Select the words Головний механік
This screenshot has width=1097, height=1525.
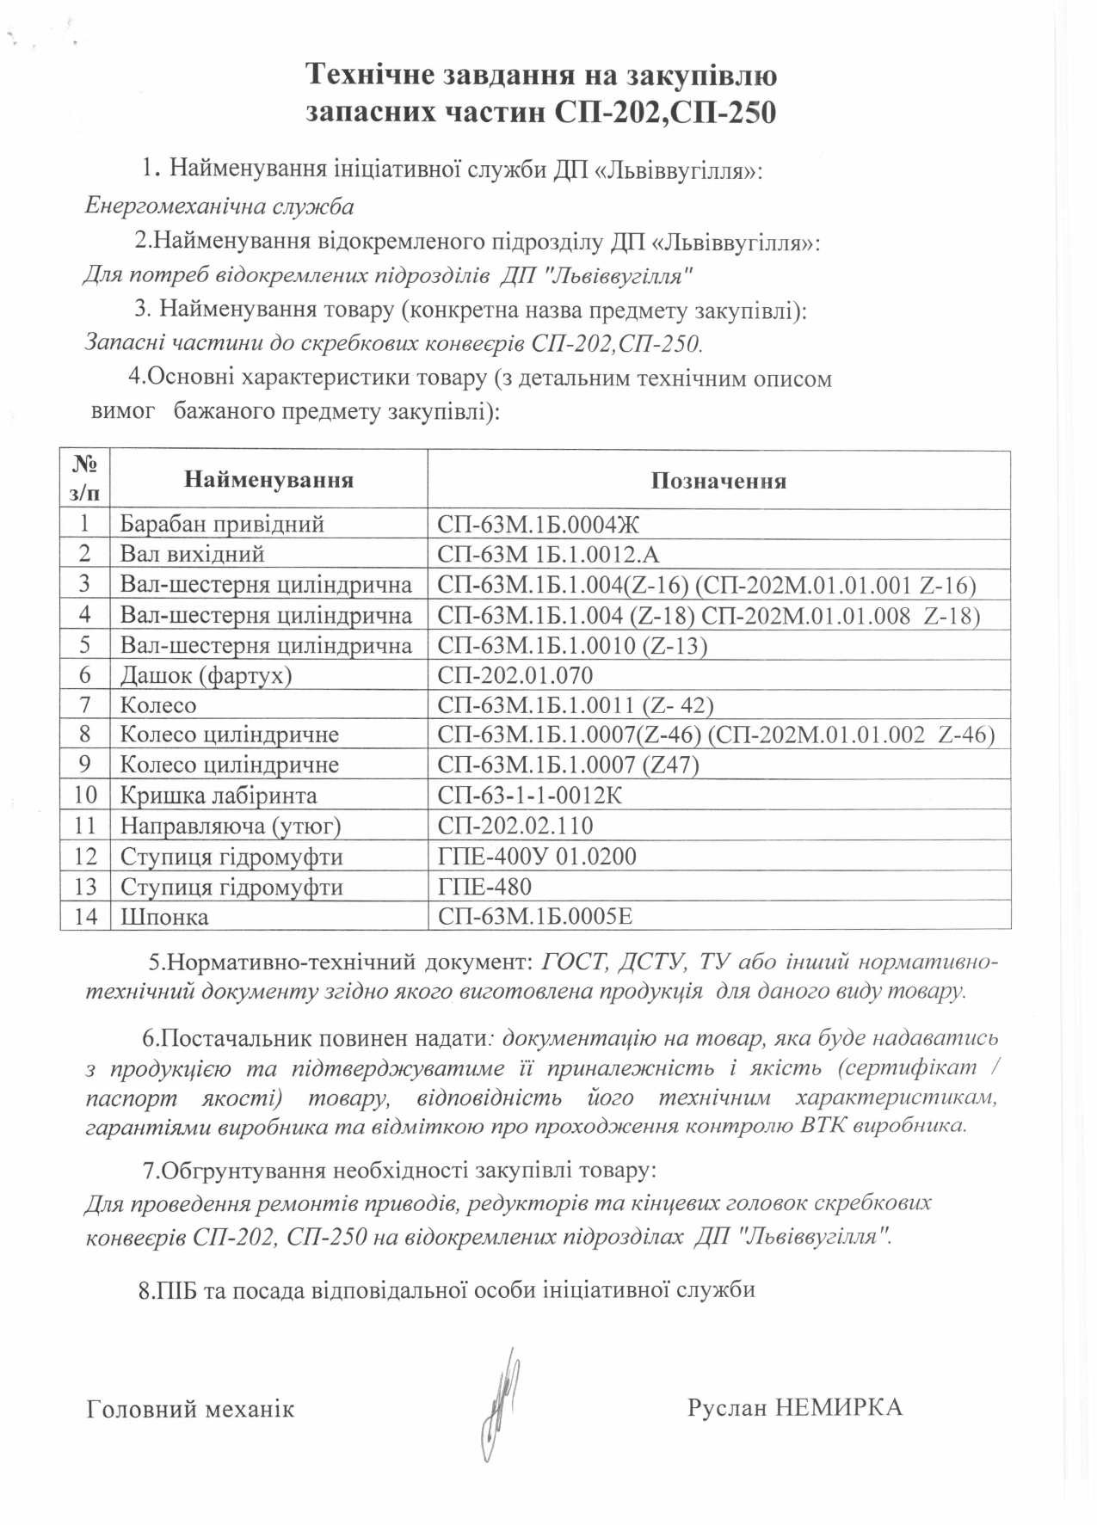click(190, 1409)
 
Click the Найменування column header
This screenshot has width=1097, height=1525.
click(268, 479)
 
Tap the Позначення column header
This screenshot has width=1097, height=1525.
click(718, 480)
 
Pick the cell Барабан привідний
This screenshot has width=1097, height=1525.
click(221, 524)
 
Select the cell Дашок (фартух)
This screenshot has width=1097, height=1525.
click(206, 675)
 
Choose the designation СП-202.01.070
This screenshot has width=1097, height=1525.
click(515, 675)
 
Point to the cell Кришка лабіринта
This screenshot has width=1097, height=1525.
click(219, 796)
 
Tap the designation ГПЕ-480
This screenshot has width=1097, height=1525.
click(484, 886)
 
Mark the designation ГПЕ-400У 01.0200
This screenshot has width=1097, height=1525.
click(537, 856)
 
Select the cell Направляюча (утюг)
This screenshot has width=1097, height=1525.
click(231, 826)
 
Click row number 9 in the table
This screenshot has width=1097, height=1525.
click(84, 765)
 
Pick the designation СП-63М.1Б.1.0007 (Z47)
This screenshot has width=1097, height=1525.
click(568, 765)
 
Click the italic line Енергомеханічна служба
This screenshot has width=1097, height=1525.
click(220, 206)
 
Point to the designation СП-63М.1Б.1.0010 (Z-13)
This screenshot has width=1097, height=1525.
click(572, 645)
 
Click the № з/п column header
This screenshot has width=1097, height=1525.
click(84, 479)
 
